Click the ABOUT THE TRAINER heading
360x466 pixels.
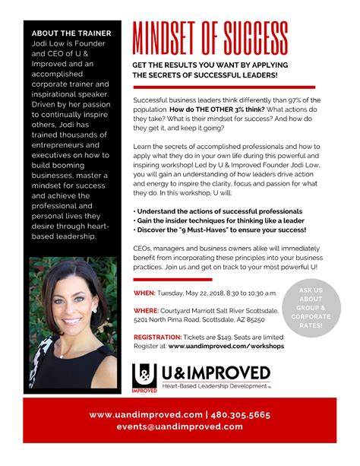pos(71,33)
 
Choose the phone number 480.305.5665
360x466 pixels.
pos(242,415)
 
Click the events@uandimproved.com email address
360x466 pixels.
pos(179,426)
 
